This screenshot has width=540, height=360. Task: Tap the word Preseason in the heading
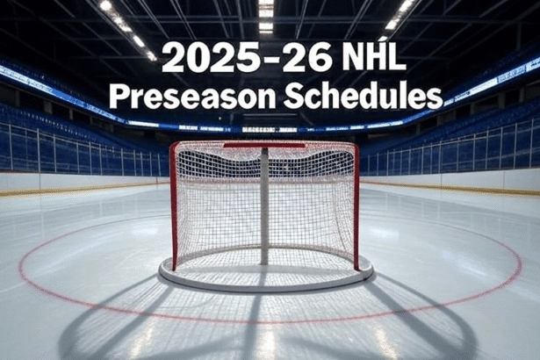click(x=192, y=96)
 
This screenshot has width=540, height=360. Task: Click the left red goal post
click(x=174, y=206)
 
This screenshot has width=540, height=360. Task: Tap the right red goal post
click(x=356, y=206)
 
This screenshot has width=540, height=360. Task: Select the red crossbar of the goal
click(x=264, y=144)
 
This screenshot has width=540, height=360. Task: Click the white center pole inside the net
click(x=264, y=206)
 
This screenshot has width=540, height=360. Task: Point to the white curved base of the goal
click(x=265, y=286)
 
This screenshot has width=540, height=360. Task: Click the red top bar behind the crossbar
click(x=264, y=146)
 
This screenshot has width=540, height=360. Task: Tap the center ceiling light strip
click(x=265, y=17)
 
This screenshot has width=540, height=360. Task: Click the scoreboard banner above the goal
click(x=270, y=130)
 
